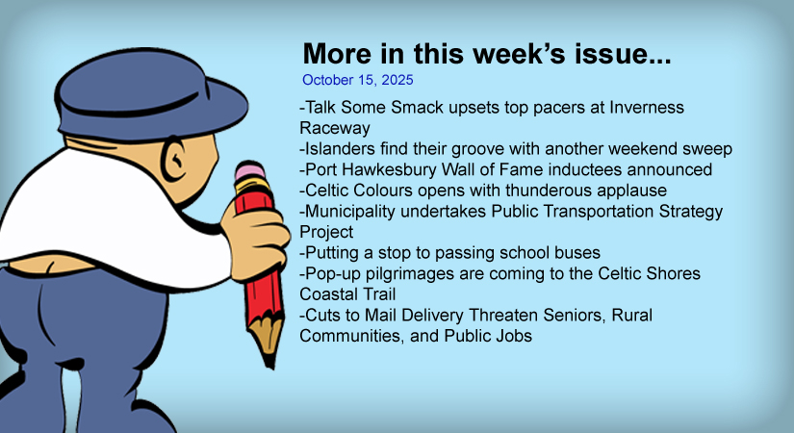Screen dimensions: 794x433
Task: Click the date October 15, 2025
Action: point(357,80)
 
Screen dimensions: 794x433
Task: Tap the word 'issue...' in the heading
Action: point(623,53)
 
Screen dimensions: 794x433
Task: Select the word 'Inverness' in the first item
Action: point(647,108)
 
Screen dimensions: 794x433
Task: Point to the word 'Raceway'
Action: point(335,128)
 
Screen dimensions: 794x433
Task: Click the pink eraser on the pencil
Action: point(249,171)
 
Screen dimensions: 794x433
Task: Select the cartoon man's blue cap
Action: point(151,93)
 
